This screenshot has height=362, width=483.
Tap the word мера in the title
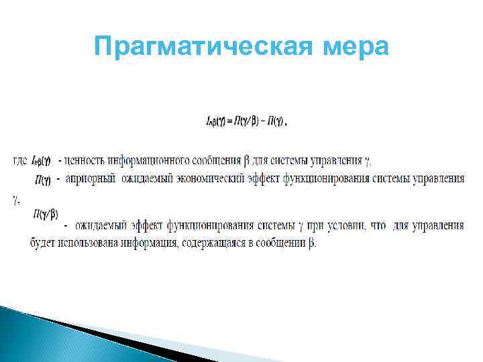click(355, 47)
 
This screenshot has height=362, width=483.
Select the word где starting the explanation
click(20, 161)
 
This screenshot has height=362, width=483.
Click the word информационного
click(146, 161)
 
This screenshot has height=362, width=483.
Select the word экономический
click(217, 179)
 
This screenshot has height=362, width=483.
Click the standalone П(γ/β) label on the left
click(45, 214)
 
